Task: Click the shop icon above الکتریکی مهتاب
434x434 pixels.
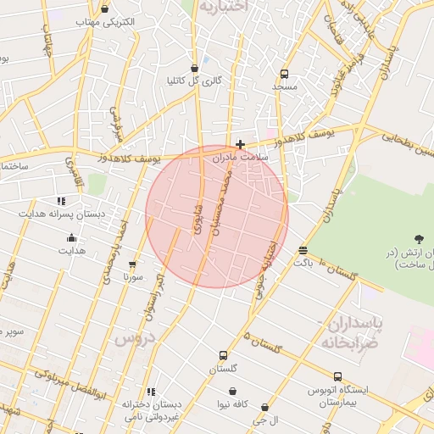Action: tap(105, 9)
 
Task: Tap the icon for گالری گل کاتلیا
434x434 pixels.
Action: tap(195, 68)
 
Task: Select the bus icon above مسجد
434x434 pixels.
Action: tap(284, 74)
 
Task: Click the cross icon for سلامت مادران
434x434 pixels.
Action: tap(241, 145)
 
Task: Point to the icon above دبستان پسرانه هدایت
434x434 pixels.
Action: tap(61, 201)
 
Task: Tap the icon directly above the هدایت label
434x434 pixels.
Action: tap(71, 237)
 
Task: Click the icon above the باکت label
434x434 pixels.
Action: tap(303, 250)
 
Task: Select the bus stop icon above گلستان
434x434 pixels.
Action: tap(223, 355)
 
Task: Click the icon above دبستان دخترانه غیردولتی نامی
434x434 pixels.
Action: tap(152, 392)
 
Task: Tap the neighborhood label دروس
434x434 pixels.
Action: tap(131, 339)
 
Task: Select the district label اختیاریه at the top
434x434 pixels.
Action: tap(223, 6)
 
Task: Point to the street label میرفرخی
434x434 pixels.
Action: tap(118, 127)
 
